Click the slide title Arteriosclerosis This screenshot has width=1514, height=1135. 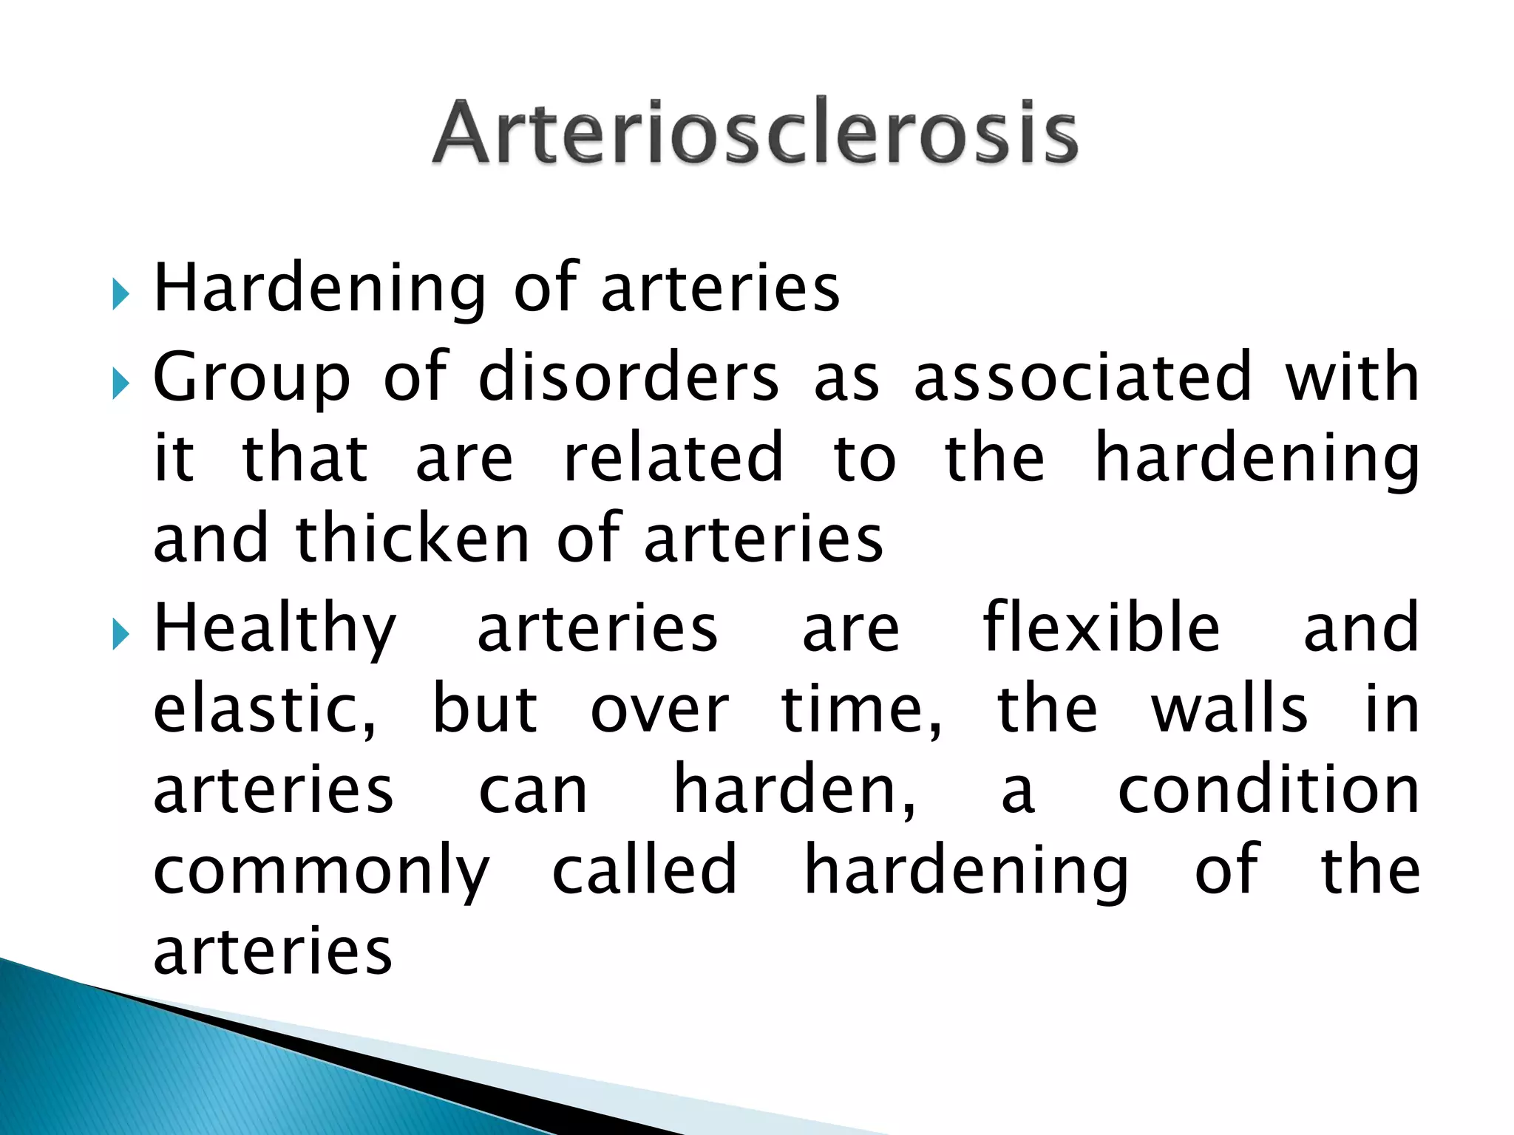(755, 132)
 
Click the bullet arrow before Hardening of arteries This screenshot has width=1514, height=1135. (121, 295)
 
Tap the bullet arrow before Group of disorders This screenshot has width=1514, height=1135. (121, 384)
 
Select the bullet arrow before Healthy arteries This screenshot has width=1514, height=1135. (121, 635)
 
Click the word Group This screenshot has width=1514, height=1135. (251, 378)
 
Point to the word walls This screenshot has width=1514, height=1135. (1229, 709)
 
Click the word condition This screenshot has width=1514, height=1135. (1269, 791)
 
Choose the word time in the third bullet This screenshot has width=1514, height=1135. (860, 709)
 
